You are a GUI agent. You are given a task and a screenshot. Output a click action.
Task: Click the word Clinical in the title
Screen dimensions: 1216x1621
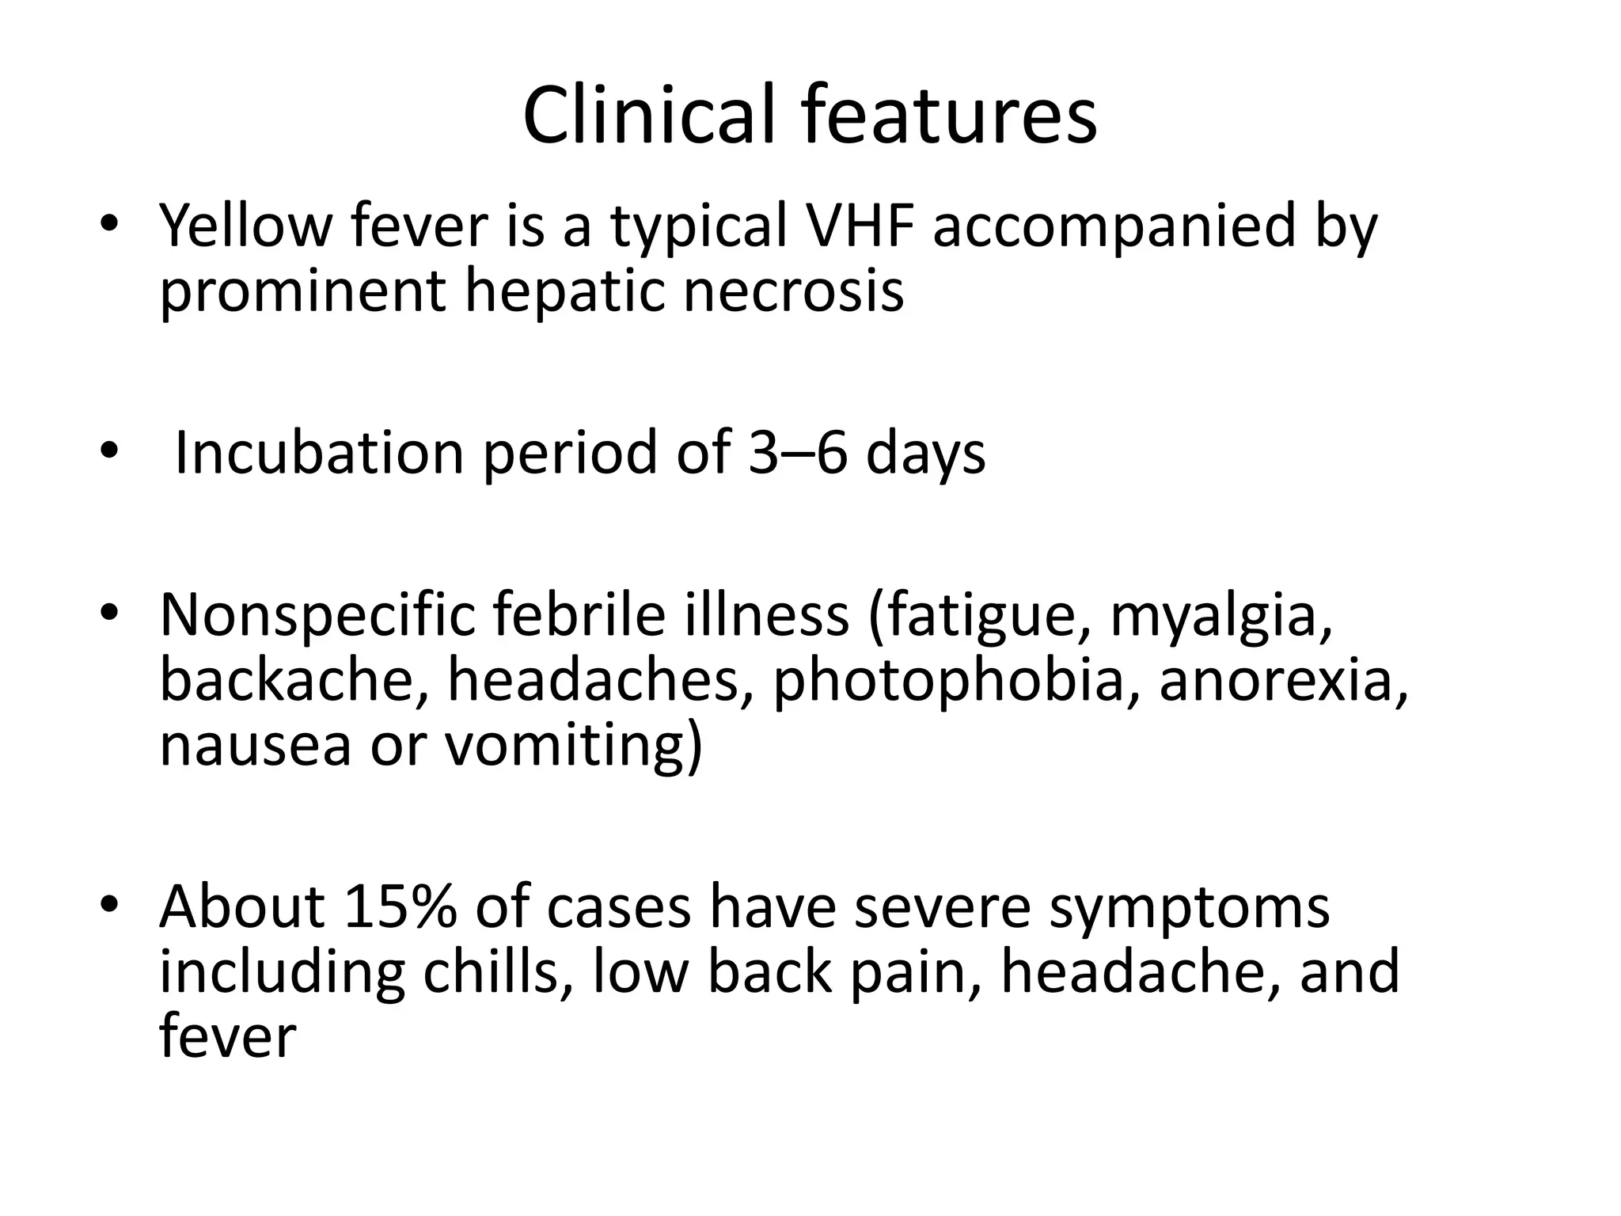(648, 116)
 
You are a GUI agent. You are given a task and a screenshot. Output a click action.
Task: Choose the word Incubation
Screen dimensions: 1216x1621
(318, 453)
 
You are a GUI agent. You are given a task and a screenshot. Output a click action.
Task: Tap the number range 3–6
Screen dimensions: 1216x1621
(797, 453)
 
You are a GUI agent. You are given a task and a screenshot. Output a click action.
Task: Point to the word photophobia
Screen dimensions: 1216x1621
(948, 682)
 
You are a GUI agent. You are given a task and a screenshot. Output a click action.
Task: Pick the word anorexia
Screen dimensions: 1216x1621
(1282, 681)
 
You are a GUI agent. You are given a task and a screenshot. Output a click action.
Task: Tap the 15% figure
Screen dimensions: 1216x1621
(401, 907)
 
